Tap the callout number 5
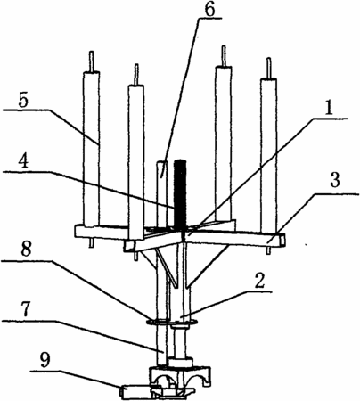[x=23, y=101]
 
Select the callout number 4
[x=23, y=162]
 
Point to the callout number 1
[x=328, y=110]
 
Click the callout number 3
[x=335, y=180]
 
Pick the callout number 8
[x=26, y=250]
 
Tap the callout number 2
[x=259, y=282]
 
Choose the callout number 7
[x=25, y=309]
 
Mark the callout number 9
[x=45, y=361]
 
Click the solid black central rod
[x=180, y=194]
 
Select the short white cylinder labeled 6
[x=162, y=194]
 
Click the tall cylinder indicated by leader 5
[x=91, y=149]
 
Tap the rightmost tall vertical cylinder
[x=269, y=155]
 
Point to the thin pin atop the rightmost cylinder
[x=269, y=68]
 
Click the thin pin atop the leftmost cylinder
[x=92, y=61]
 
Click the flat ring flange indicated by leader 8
[x=172, y=322]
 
